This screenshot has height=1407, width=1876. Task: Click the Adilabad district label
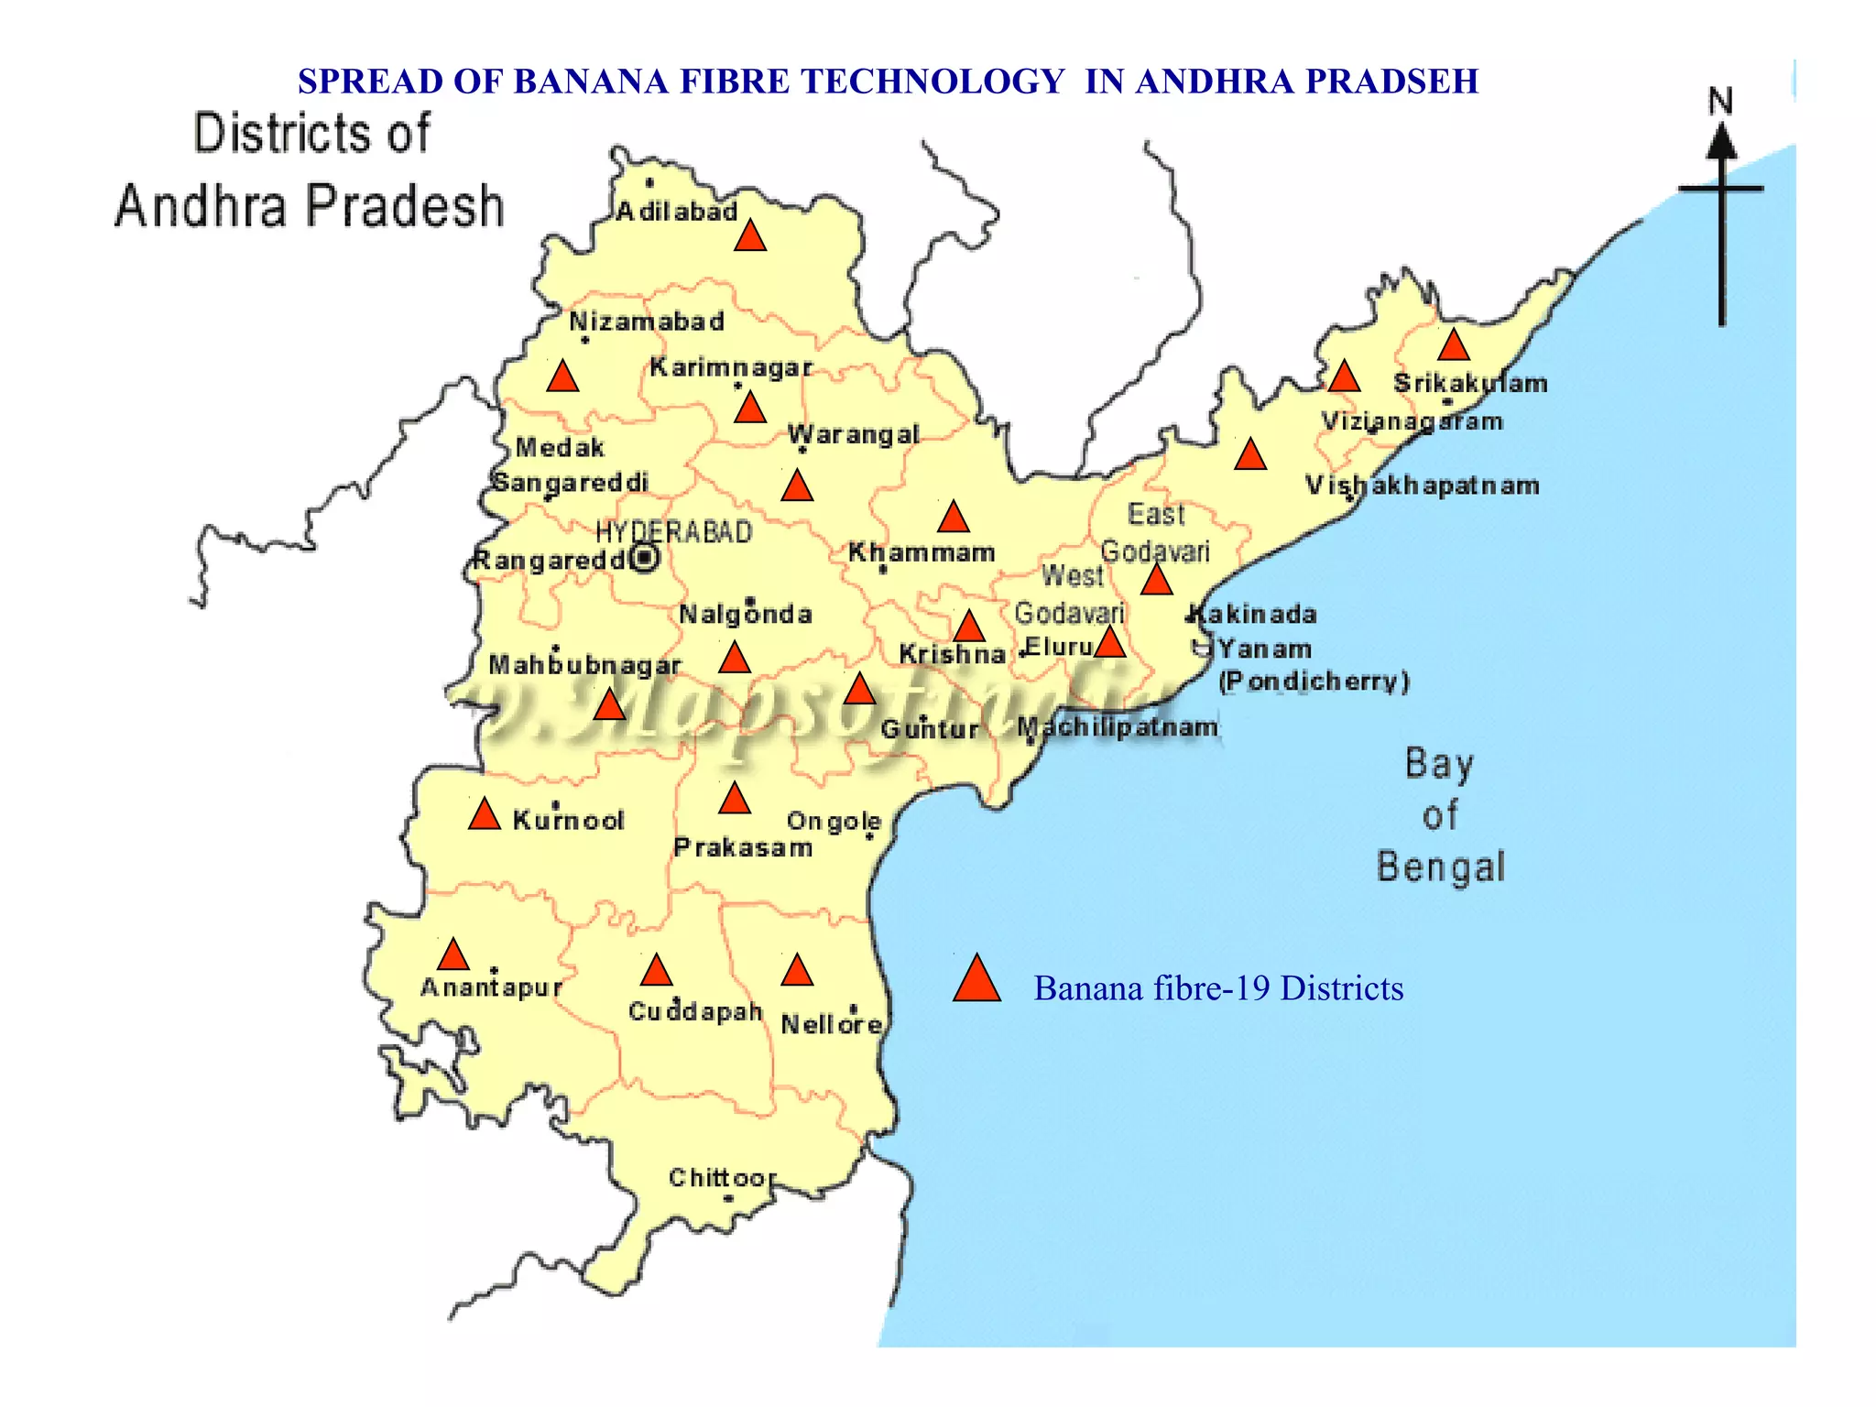[676, 212]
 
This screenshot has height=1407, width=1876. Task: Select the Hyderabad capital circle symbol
[646, 558]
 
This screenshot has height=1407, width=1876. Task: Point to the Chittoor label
[722, 1177]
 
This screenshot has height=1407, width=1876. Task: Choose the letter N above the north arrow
[1720, 101]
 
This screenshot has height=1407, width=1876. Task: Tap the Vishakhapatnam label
[1422, 485]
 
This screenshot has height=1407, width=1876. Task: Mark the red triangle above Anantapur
[453, 955]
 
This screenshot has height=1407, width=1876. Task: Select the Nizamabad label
[647, 322]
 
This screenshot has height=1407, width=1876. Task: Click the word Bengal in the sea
[1440, 867]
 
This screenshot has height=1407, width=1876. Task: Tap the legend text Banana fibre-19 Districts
[1218, 988]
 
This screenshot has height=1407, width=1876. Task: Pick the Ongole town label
[834, 821]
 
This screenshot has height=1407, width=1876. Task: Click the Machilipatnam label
[1118, 727]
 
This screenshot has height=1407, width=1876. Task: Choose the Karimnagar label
[731, 367]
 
